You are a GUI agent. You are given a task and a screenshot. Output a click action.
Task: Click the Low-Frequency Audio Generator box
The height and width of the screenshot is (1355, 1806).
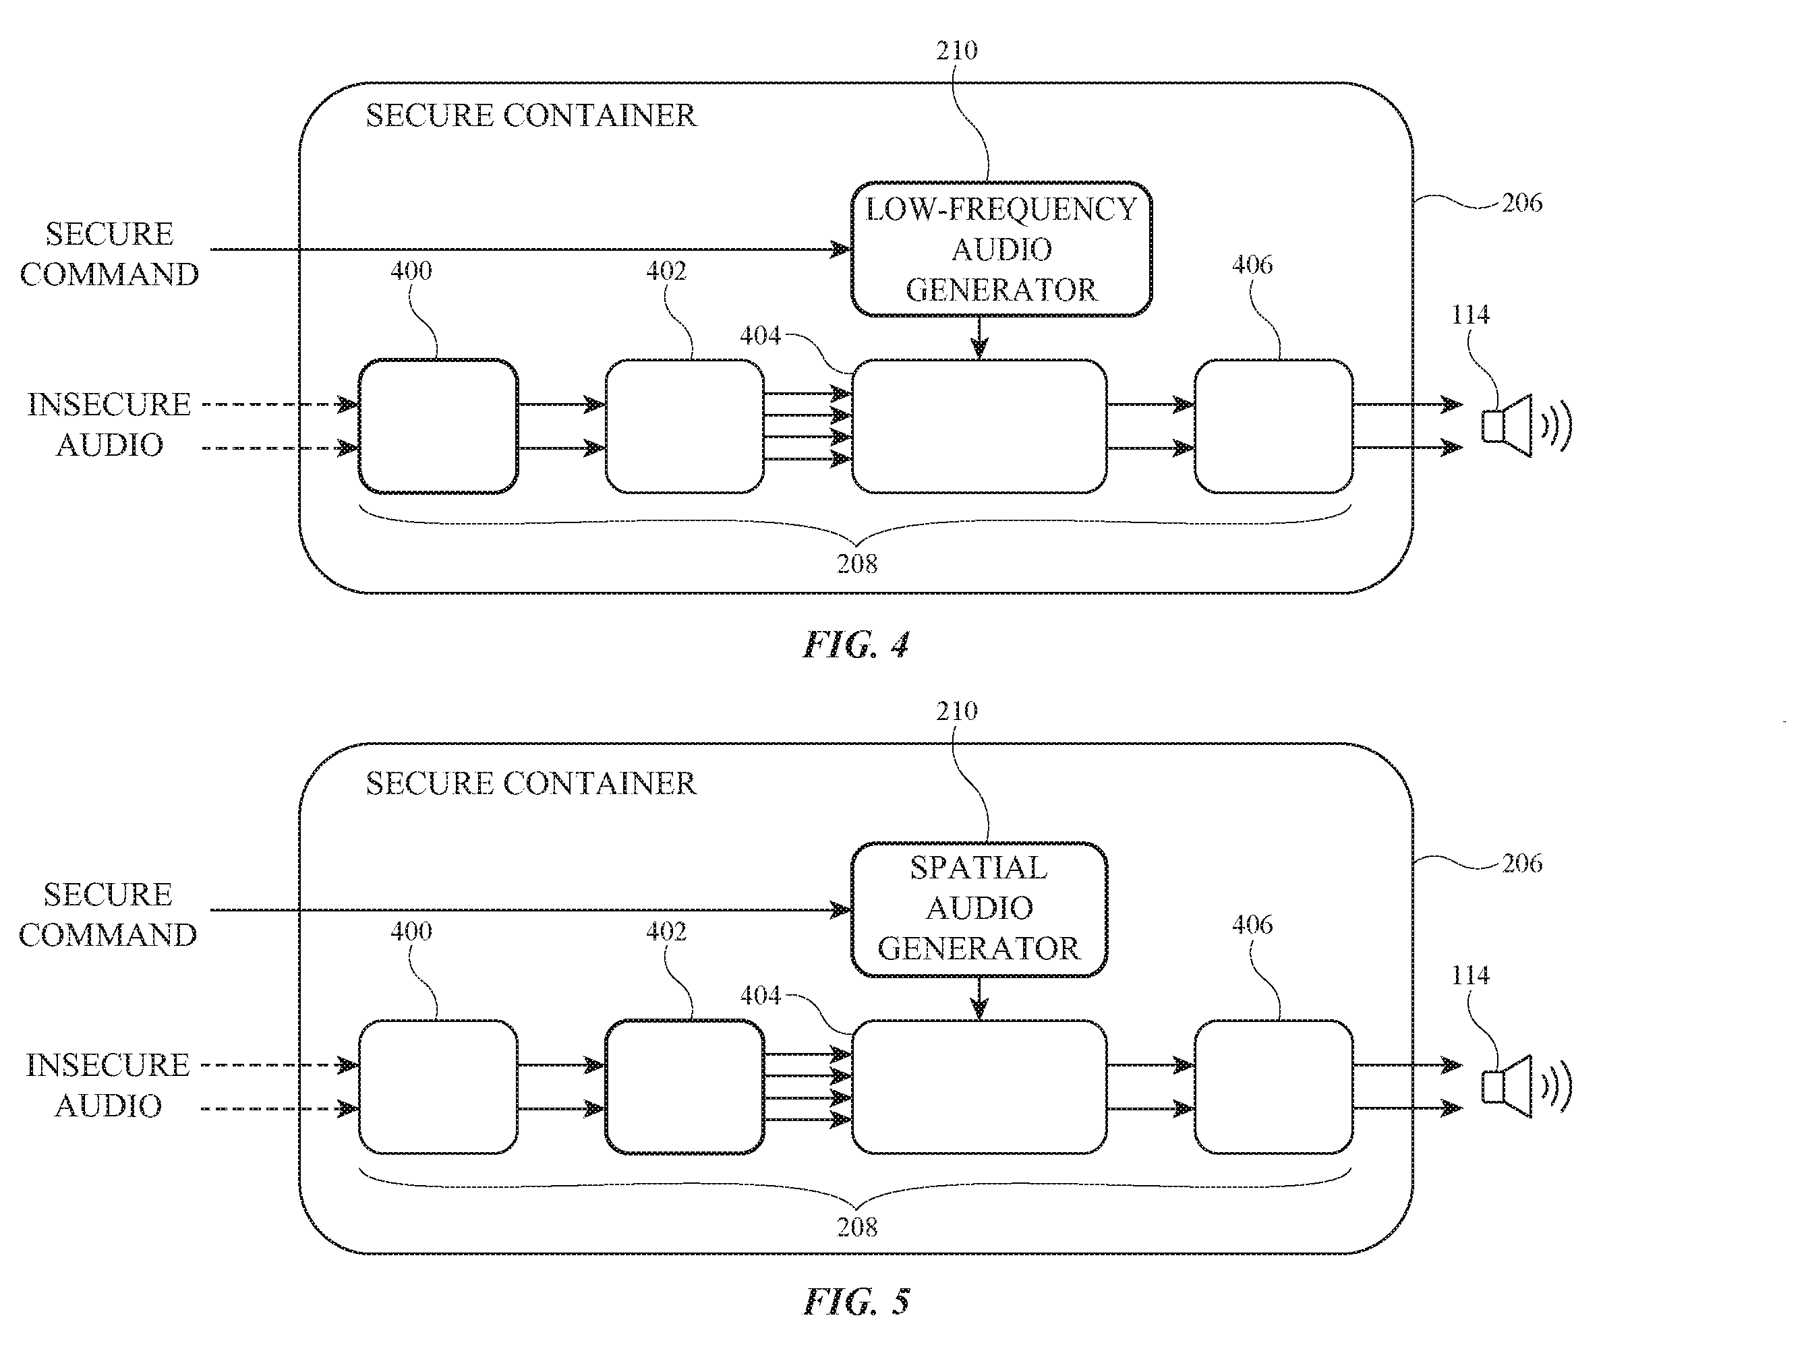pos(1001,249)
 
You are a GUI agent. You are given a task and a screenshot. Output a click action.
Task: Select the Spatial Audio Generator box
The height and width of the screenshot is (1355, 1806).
pos(979,909)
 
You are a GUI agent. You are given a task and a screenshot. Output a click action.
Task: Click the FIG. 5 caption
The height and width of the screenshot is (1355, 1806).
pos(856,1301)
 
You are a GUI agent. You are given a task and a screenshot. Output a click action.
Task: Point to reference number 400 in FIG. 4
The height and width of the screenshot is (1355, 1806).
pos(411,270)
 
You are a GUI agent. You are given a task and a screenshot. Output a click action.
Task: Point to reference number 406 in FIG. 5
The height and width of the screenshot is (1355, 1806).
pos(1252,924)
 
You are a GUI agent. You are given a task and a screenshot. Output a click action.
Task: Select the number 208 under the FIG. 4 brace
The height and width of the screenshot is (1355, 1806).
pos(856,563)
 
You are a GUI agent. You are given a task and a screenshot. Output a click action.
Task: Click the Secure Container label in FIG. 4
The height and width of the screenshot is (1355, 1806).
pos(531,115)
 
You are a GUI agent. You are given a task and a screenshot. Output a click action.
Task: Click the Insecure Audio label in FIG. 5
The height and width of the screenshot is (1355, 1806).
pos(108,1085)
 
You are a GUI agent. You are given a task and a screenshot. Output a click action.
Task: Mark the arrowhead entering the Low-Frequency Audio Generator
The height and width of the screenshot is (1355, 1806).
pos(840,249)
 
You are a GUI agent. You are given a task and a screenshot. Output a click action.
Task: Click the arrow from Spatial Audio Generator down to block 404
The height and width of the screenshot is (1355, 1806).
pos(979,998)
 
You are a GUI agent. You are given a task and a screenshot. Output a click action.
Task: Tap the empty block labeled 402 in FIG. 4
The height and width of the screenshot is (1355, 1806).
pos(684,426)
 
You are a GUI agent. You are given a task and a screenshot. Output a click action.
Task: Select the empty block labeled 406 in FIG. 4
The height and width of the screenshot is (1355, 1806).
pos(1274,426)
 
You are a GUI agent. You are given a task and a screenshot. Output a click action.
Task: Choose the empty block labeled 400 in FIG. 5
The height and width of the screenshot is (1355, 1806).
pos(438,1087)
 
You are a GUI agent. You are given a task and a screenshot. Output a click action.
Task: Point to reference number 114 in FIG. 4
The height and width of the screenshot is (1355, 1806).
pos(1469,314)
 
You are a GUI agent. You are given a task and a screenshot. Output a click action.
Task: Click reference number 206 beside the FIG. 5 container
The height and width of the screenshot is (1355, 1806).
pos(1522,863)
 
